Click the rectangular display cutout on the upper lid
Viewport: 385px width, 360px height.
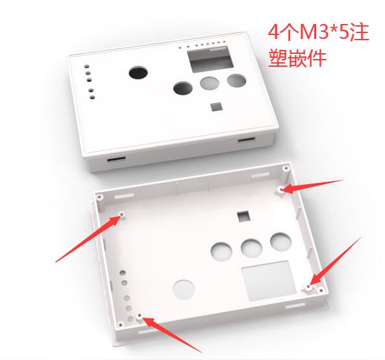pyautogui.click(x=210, y=59)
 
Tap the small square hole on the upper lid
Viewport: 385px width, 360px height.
pyautogui.click(x=217, y=106)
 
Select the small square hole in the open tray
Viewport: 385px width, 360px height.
pyautogui.click(x=243, y=216)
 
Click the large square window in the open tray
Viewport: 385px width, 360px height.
pyautogui.click(x=269, y=281)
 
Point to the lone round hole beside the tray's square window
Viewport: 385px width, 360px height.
pyautogui.click(x=184, y=289)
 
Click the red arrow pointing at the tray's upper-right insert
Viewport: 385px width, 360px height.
pyautogui.click(x=312, y=186)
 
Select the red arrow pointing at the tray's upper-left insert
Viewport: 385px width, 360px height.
pyautogui.click(x=89, y=237)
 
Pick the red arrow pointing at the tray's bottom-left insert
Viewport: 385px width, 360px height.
pyautogui.click(x=173, y=334)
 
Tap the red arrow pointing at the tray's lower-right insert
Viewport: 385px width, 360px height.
pyautogui.click(x=336, y=261)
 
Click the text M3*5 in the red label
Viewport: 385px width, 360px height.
pyautogui.click(x=323, y=32)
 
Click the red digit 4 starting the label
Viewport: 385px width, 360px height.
pyautogui.click(x=273, y=32)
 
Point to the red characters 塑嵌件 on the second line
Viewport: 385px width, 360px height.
pyautogui.click(x=297, y=58)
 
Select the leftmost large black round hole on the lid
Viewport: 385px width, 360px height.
pyautogui.click(x=138, y=73)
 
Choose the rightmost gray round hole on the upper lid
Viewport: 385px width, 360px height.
pyautogui.click(x=236, y=80)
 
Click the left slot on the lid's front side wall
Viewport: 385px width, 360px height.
pyautogui.click(x=116, y=159)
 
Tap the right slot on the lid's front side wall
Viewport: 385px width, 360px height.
pyautogui.click(x=246, y=139)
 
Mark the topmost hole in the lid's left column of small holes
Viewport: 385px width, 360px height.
pyautogui.click(x=87, y=66)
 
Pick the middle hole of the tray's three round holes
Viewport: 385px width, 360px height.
pyautogui.click(x=251, y=248)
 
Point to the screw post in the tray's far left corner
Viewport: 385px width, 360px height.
pyautogui.click(x=99, y=197)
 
